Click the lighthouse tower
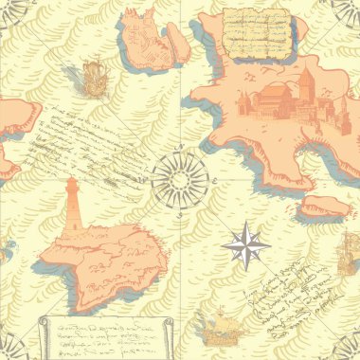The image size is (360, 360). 70,209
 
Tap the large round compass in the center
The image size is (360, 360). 179,180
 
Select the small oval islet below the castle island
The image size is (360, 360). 324,206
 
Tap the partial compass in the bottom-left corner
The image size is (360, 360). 9,349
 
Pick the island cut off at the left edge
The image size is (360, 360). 14,133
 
